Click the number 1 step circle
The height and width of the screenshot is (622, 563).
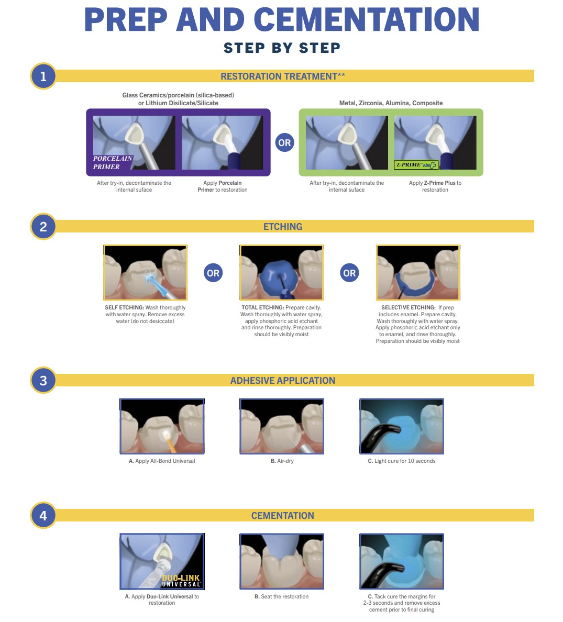pyautogui.click(x=43, y=76)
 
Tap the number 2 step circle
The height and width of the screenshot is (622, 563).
pyautogui.click(x=43, y=227)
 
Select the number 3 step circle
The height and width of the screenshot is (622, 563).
pyautogui.click(x=43, y=381)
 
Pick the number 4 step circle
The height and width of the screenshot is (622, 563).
pyautogui.click(x=43, y=515)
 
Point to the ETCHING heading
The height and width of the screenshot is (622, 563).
pyautogui.click(x=282, y=227)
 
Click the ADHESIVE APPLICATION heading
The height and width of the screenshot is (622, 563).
pyautogui.click(x=282, y=381)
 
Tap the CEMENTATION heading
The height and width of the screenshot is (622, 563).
pyautogui.click(x=282, y=515)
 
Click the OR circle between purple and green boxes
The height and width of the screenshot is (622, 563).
pyautogui.click(x=284, y=143)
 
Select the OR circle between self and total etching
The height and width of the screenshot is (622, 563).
pyautogui.click(x=213, y=273)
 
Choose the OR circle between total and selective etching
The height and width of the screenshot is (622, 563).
pyautogui.click(x=349, y=273)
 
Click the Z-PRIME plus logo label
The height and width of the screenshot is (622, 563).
pyautogui.click(x=416, y=164)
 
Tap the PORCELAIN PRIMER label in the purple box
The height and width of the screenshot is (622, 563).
pyautogui.click(x=113, y=163)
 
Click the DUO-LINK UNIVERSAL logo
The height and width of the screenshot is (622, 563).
pyautogui.click(x=181, y=581)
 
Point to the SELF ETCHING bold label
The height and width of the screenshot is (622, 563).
pyautogui.click(x=124, y=307)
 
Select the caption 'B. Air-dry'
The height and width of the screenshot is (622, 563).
pyautogui.click(x=282, y=461)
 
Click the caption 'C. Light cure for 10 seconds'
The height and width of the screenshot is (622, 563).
pyautogui.click(x=402, y=461)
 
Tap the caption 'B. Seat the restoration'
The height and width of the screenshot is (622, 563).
pyautogui.click(x=281, y=597)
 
